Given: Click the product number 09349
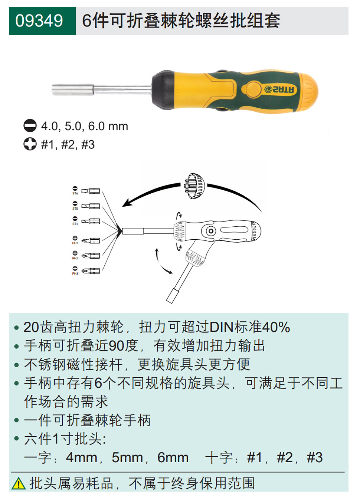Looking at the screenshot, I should click(x=39, y=21).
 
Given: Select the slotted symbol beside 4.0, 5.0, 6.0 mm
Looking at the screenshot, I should click(x=30, y=126).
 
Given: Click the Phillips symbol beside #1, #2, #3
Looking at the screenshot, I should click(x=30, y=144).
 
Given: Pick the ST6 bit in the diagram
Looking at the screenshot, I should click(x=91, y=191).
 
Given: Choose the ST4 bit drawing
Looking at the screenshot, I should click(x=91, y=221).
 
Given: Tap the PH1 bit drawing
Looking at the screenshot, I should click(x=91, y=240).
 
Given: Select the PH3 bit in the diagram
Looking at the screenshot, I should click(x=91, y=271).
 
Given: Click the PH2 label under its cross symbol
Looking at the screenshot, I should click(x=75, y=258).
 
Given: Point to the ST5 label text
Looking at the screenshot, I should click(x=75, y=209).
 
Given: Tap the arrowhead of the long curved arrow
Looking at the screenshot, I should click(x=126, y=203).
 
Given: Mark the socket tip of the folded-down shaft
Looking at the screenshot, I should click(x=171, y=297).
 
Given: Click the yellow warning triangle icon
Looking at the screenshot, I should click(x=19, y=483).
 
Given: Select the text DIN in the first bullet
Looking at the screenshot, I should click(x=222, y=327).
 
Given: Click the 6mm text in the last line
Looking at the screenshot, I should click(x=173, y=457).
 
